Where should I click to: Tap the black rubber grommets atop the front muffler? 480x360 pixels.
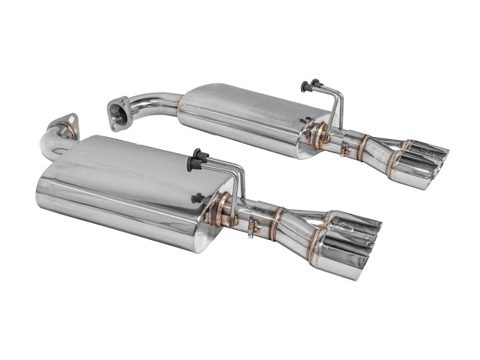(198, 157)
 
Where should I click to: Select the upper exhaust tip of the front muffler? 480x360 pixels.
(358, 223)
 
